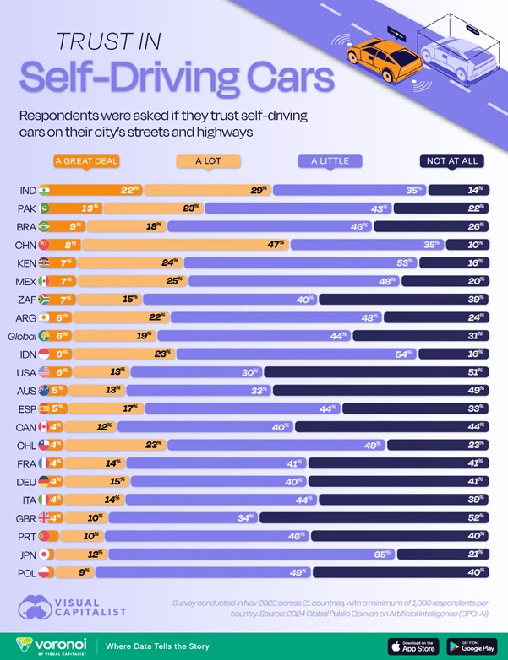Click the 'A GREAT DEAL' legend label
pos(85,160)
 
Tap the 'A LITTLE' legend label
pos(330,160)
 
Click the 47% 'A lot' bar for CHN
pos(186,245)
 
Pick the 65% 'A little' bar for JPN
pos(252,555)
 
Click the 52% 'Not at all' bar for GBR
pos(374,517)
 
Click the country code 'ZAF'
pos(25,300)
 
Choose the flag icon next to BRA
pos(45,226)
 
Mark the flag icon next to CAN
pos(45,427)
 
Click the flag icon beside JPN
pos(45,555)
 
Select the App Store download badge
pos(414,646)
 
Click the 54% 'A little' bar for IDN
pos(296,354)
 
